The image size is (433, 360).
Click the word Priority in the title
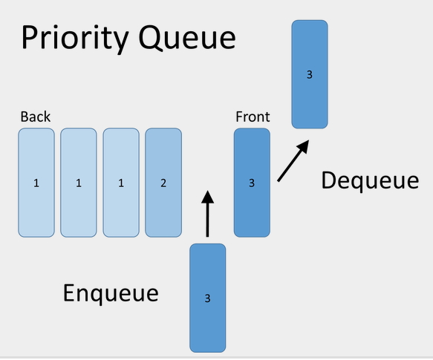pos(75,38)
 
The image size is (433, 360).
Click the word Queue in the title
pos(187,38)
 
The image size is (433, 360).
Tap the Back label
pos(36,117)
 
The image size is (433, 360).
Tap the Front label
pos(253,117)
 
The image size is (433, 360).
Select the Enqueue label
pos(111,293)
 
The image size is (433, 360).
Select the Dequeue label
pos(370,180)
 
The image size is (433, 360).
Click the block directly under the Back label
pos(36,183)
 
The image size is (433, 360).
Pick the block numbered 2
pos(163,183)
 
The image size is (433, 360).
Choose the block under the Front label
pos(252,183)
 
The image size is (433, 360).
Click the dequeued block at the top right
pos(310,74)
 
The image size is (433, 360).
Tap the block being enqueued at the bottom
pos(208,298)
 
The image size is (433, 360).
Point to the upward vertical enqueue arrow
pos(207,214)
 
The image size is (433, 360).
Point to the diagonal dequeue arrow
pos(293,160)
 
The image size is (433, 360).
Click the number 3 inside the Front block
pos(252,183)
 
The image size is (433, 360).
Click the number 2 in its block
pos(163,183)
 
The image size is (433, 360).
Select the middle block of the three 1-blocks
pos(79,183)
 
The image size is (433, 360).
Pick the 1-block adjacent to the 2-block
pos(121,183)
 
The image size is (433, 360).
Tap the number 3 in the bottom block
pos(208,298)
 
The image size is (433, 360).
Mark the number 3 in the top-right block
pos(310,75)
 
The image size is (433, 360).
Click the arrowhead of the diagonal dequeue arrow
pos(303,146)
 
